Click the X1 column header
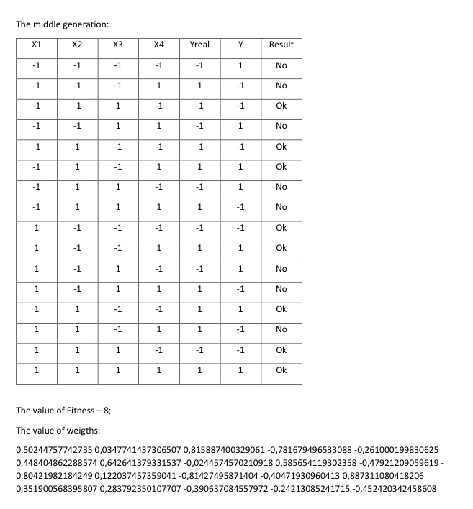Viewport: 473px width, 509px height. tap(37, 45)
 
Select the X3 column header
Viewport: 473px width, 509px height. tap(118, 45)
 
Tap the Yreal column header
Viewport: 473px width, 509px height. tap(199, 45)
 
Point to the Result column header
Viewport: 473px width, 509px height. tap(281, 45)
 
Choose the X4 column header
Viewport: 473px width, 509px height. tap(159, 45)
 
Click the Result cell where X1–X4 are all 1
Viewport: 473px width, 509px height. tap(281, 370)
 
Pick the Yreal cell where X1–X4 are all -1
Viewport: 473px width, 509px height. tap(199, 65)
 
